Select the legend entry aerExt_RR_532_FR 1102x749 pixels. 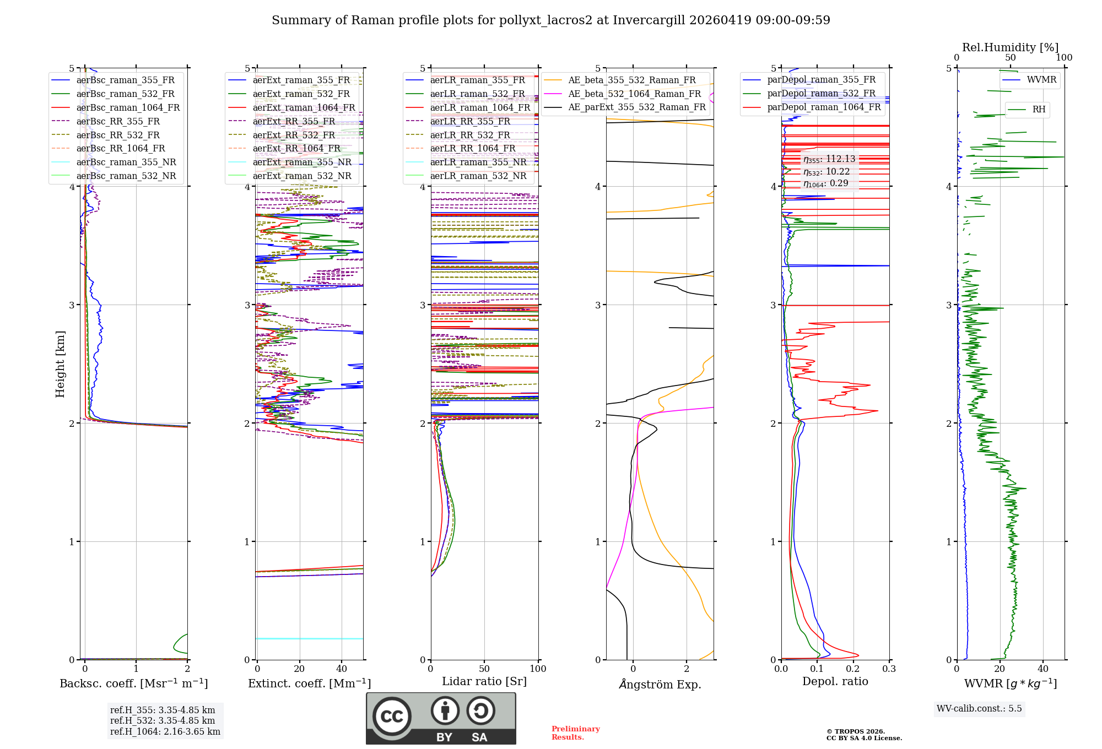[294, 135]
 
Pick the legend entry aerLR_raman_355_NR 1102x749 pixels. [478, 162]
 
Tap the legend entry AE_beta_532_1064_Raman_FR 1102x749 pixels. [634, 94]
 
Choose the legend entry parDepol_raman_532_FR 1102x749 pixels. [821, 93]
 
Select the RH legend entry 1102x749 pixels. [1039, 110]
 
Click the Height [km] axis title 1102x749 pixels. [60, 364]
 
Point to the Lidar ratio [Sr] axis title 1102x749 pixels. [484, 681]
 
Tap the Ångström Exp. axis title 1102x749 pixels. [660, 684]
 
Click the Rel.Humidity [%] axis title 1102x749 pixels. [1010, 47]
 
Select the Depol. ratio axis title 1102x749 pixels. [835, 681]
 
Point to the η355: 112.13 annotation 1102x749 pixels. [829, 159]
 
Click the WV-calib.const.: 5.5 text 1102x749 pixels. [979, 708]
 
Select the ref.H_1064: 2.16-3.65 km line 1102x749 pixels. [165, 732]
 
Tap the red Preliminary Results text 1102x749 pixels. [575, 733]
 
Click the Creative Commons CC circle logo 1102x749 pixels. [392, 716]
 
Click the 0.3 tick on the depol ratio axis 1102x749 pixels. [889, 669]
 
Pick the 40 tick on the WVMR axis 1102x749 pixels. [1042, 669]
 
